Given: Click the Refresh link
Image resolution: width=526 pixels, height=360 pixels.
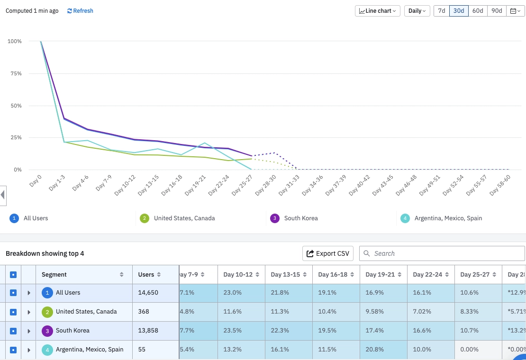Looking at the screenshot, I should point(80,11).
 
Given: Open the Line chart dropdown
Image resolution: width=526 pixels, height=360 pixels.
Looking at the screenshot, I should point(377,11).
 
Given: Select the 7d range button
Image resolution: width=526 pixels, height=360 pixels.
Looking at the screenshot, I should point(441,11).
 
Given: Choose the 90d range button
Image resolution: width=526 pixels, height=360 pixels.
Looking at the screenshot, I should point(497,11).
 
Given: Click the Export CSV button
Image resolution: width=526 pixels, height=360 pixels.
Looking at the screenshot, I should point(328,253).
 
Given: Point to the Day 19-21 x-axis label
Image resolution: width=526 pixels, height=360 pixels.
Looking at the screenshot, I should point(196,185).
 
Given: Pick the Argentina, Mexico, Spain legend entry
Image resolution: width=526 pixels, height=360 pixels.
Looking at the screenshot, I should point(448,218).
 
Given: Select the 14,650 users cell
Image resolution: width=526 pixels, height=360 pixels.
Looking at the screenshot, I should point(148,293).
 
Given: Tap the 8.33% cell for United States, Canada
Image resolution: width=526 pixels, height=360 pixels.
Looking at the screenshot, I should point(470,312).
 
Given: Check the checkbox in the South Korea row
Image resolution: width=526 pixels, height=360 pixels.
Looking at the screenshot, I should point(13,331).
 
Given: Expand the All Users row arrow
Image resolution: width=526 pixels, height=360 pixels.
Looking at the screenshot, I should point(29,293).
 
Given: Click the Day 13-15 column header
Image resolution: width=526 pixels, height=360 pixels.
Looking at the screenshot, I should point(285,274).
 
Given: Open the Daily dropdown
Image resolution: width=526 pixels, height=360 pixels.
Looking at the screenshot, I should point(417,11).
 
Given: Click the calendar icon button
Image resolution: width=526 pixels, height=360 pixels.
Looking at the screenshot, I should point(515,11).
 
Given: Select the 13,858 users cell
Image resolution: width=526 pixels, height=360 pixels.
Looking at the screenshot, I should point(148,331).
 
